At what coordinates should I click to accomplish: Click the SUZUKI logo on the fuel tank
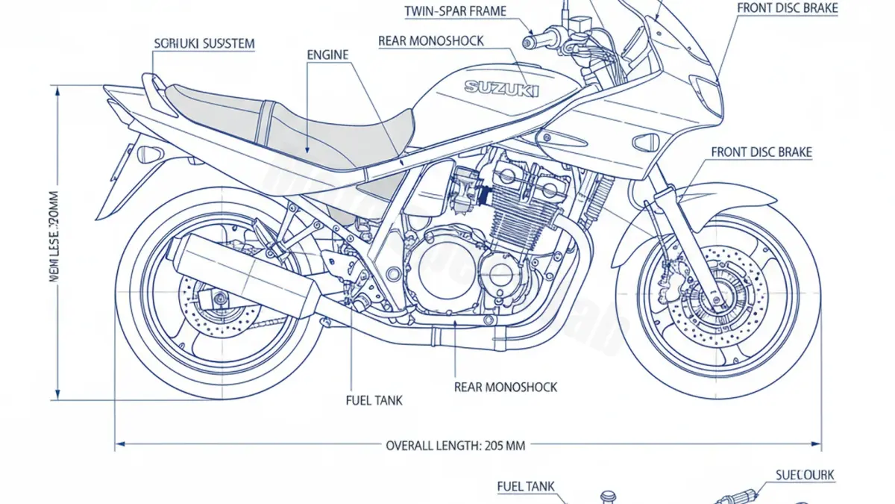[501, 87]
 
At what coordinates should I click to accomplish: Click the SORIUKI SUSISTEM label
[204, 44]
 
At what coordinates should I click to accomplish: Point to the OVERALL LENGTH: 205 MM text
[455, 446]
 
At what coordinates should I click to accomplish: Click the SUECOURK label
[805, 475]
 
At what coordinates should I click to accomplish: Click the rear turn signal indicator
[148, 155]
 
